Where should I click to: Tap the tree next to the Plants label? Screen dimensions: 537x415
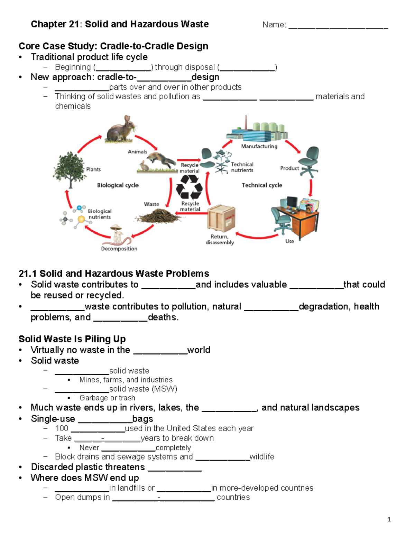click(x=70, y=169)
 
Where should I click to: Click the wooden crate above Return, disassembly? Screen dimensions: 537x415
click(x=221, y=218)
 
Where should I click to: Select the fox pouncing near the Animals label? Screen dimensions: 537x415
click(x=160, y=160)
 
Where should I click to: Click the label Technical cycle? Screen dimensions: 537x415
click(x=262, y=185)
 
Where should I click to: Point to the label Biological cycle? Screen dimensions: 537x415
click(x=118, y=185)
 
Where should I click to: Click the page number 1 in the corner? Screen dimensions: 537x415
click(x=389, y=519)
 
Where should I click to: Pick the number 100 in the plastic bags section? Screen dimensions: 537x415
click(x=62, y=428)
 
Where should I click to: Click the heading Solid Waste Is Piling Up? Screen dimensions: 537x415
click(x=72, y=339)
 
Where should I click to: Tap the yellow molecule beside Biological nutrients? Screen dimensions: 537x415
click(x=81, y=219)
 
